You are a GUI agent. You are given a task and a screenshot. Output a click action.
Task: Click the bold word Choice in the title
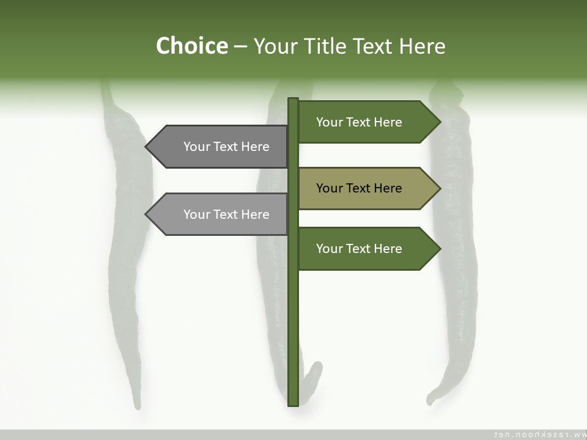[x=191, y=46]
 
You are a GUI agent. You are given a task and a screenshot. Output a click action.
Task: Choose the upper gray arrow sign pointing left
[x=220, y=147]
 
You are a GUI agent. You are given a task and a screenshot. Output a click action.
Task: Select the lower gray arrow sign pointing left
[x=220, y=215]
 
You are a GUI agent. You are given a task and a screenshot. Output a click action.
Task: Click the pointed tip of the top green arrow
[x=439, y=122]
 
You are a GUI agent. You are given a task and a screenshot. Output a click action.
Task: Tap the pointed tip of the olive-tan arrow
[x=439, y=188]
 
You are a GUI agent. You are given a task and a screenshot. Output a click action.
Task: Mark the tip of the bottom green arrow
[x=439, y=249]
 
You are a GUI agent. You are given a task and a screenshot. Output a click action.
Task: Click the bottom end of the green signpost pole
[x=293, y=403]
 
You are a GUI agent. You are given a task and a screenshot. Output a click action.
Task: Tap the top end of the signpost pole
[x=293, y=100]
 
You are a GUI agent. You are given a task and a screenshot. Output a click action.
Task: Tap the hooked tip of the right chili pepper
[x=430, y=400]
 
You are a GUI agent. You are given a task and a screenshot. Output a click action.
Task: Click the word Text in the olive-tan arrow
[x=359, y=188]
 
